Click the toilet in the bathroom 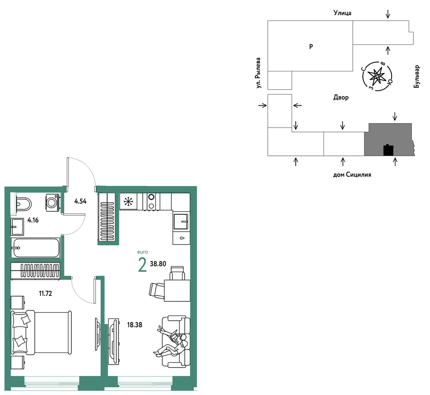pyautogui.click(x=23, y=204)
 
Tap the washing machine pyautogui.click(x=53, y=203)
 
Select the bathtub pyautogui.click(x=35, y=248)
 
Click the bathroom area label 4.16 pyautogui.click(x=33, y=220)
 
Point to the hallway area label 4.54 pyautogui.click(x=81, y=201)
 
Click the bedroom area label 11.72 pyautogui.click(x=45, y=294)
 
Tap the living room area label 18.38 pyautogui.click(x=135, y=325)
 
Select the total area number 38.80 pyautogui.click(x=158, y=264)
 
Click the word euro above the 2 pyautogui.click(x=143, y=252)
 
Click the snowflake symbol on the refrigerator pyautogui.click(x=128, y=202)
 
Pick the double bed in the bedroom pyautogui.click(x=41, y=332)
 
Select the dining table pyautogui.click(x=177, y=291)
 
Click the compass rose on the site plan pyautogui.click(x=377, y=76)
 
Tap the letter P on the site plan pyautogui.click(x=311, y=46)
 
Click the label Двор pyautogui.click(x=341, y=97)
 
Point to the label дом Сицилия pyautogui.click(x=352, y=175)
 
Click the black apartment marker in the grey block pyautogui.click(x=388, y=150)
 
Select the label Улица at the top pyautogui.click(x=343, y=13)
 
